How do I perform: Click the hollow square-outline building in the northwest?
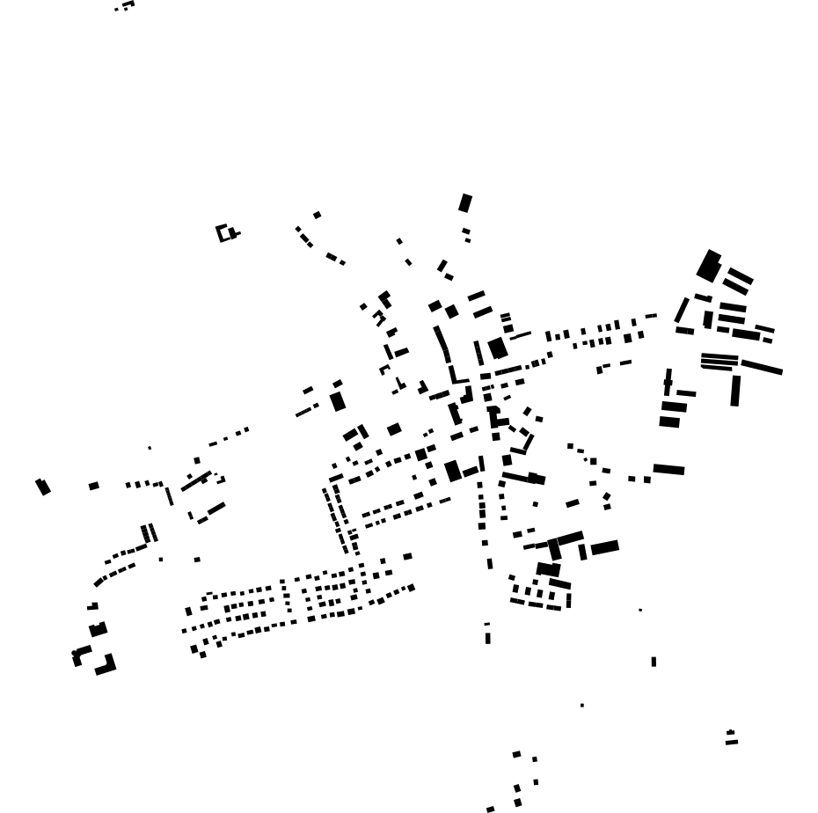point(224,233)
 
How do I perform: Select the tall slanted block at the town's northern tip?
point(465,203)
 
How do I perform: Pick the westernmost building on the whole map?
point(42,487)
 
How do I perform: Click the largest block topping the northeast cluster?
point(709,266)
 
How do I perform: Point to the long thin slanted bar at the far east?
point(762,367)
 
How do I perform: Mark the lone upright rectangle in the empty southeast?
point(654,662)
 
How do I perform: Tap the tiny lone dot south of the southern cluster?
point(581,705)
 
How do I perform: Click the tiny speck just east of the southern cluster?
point(640,610)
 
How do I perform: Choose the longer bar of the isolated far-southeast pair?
point(732,742)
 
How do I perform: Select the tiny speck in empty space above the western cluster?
point(150,448)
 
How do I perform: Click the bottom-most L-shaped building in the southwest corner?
point(106,666)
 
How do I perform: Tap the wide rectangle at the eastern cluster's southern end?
point(668,469)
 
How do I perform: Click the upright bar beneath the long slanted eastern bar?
point(735,391)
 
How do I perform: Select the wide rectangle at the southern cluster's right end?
point(604,547)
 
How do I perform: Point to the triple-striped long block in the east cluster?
point(719,361)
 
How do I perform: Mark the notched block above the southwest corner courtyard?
point(98,629)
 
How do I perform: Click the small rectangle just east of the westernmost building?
point(93,486)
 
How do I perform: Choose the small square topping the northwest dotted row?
point(317,215)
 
